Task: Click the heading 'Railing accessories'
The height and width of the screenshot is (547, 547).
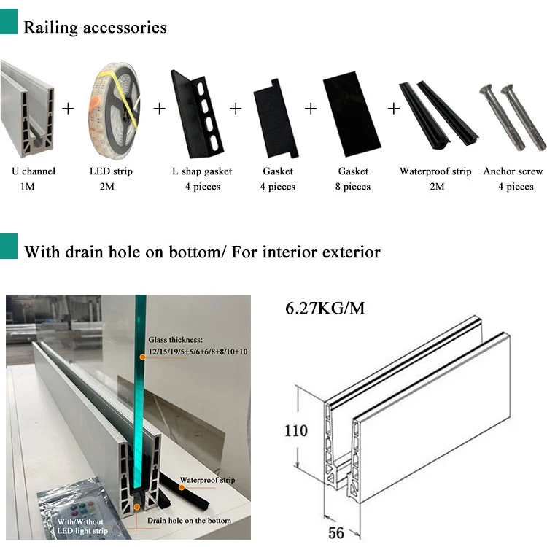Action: [x=96, y=28]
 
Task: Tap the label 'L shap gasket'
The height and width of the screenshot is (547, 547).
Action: [x=202, y=171]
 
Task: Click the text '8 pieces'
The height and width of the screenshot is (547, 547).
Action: [x=353, y=187]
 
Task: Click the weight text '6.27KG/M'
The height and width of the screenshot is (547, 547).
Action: [x=325, y=309]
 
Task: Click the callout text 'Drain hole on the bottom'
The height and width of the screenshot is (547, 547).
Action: [x=189, y=520]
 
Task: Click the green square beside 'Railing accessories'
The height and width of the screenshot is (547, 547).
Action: [x=8, y=26]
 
